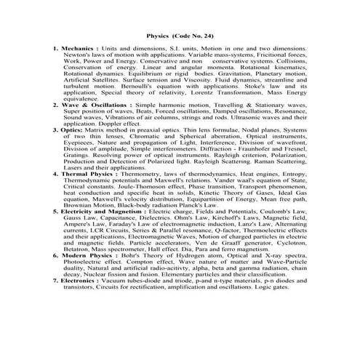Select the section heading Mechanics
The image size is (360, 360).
pos(78,48)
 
